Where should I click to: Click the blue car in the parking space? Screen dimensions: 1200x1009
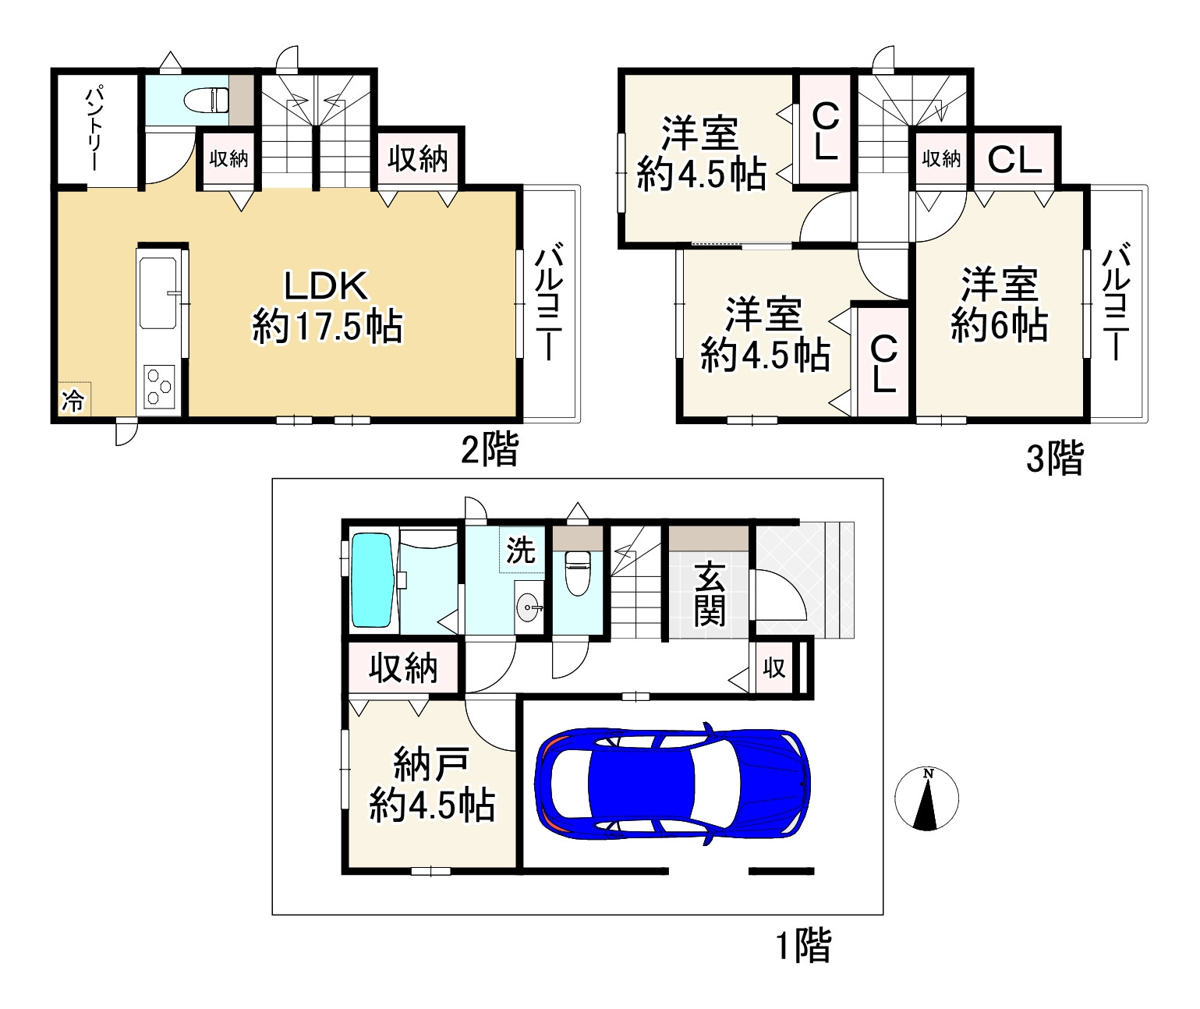point(672,784)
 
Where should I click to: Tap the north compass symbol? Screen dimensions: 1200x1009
point(926,798)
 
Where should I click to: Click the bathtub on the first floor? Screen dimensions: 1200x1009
point(373,579)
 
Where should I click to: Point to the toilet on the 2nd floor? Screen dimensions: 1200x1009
point(206,100)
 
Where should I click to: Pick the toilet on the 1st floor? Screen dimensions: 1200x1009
point(578,572)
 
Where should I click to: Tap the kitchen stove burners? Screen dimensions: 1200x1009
point(159,388)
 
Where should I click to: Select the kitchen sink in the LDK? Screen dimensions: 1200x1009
point(158,293)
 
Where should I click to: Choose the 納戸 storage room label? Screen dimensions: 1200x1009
point(430,764)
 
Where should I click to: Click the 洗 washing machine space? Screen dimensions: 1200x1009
point(521,549)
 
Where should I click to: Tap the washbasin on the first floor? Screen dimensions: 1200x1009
point(528,607)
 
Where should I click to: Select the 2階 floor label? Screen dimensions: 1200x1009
point(490,449)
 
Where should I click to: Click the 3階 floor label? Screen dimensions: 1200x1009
point(1055,458)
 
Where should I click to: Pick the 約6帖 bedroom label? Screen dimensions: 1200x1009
point(1000,325)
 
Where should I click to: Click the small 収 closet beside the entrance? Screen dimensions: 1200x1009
point(773,668)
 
